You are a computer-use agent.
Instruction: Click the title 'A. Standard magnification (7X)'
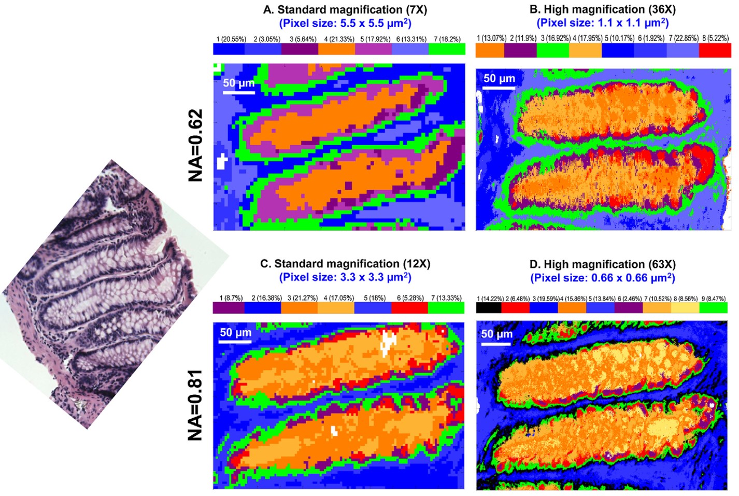[345, 10]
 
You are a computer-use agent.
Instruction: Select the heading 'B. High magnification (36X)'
[602, 9]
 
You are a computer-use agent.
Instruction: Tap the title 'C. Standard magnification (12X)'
[345, 264]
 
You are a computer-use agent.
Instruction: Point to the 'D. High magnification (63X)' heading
[602, 264]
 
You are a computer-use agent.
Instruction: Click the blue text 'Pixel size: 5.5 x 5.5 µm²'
[345, 23]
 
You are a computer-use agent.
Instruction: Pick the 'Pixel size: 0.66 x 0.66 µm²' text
[602, 278]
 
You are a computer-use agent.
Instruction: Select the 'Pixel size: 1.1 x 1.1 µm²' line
[602, 23]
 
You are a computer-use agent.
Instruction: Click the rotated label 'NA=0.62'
[195, 145]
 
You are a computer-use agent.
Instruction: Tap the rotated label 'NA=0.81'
[195, 405]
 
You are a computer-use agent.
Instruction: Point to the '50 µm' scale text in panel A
[238, 83]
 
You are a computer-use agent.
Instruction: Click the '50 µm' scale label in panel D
[496, 334]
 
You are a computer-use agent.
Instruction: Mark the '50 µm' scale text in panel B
[499, 78]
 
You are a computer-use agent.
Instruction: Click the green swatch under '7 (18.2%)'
[447, 49]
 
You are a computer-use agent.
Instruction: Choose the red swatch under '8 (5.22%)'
[715, 50]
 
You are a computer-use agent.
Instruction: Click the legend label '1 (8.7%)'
[231, 298]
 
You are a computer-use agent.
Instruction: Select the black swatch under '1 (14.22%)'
[489, 307]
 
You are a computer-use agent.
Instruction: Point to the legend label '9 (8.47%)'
[714, 299]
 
